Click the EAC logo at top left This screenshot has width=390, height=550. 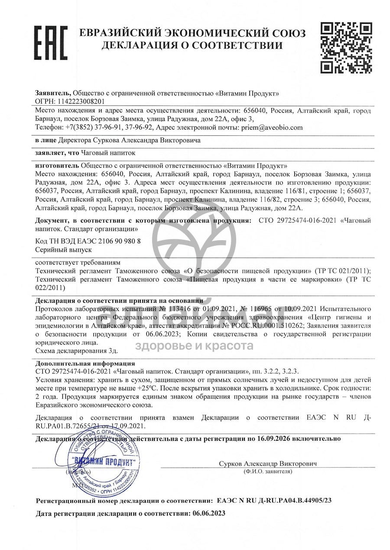(x=50, y=42)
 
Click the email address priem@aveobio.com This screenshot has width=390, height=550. (x=269, y=128)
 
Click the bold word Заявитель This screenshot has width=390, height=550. (x=53, y=93)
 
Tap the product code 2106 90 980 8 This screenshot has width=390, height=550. (x=111, y=241)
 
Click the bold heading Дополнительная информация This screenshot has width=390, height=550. (x=85, y=363)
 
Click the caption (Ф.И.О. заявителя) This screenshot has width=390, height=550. (x=268, y=471)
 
